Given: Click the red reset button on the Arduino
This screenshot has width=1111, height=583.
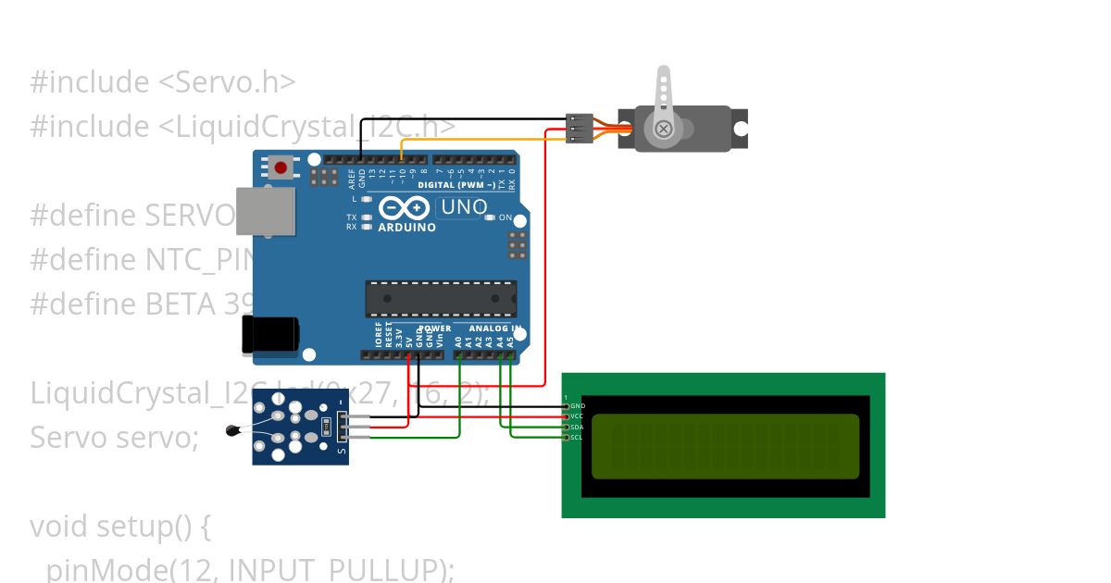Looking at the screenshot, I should (281, 167).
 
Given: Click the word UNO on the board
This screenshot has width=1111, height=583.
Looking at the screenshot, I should (464, 207).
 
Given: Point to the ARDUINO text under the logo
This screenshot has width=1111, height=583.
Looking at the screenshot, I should (407, 228).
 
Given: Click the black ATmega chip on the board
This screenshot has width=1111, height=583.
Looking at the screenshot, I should (441, 298).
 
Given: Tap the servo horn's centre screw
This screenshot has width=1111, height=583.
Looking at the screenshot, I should (664, 129).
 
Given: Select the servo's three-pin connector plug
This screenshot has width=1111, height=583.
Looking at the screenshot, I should (579, 129).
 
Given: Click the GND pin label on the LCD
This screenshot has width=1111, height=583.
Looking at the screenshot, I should (578, 406).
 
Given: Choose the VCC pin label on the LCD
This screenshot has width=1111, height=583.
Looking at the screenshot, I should (578, 416).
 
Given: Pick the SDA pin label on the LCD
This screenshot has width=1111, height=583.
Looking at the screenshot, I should (578, 427).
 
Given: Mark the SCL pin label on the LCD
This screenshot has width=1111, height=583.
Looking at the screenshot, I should (578, 437).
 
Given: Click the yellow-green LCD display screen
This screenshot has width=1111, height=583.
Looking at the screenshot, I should (725, 446).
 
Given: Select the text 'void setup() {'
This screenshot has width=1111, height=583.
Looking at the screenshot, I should (120, 527).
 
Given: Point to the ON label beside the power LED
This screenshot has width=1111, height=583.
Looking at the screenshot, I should (506, 217).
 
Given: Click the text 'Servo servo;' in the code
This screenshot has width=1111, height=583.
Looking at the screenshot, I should (114, 437).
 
